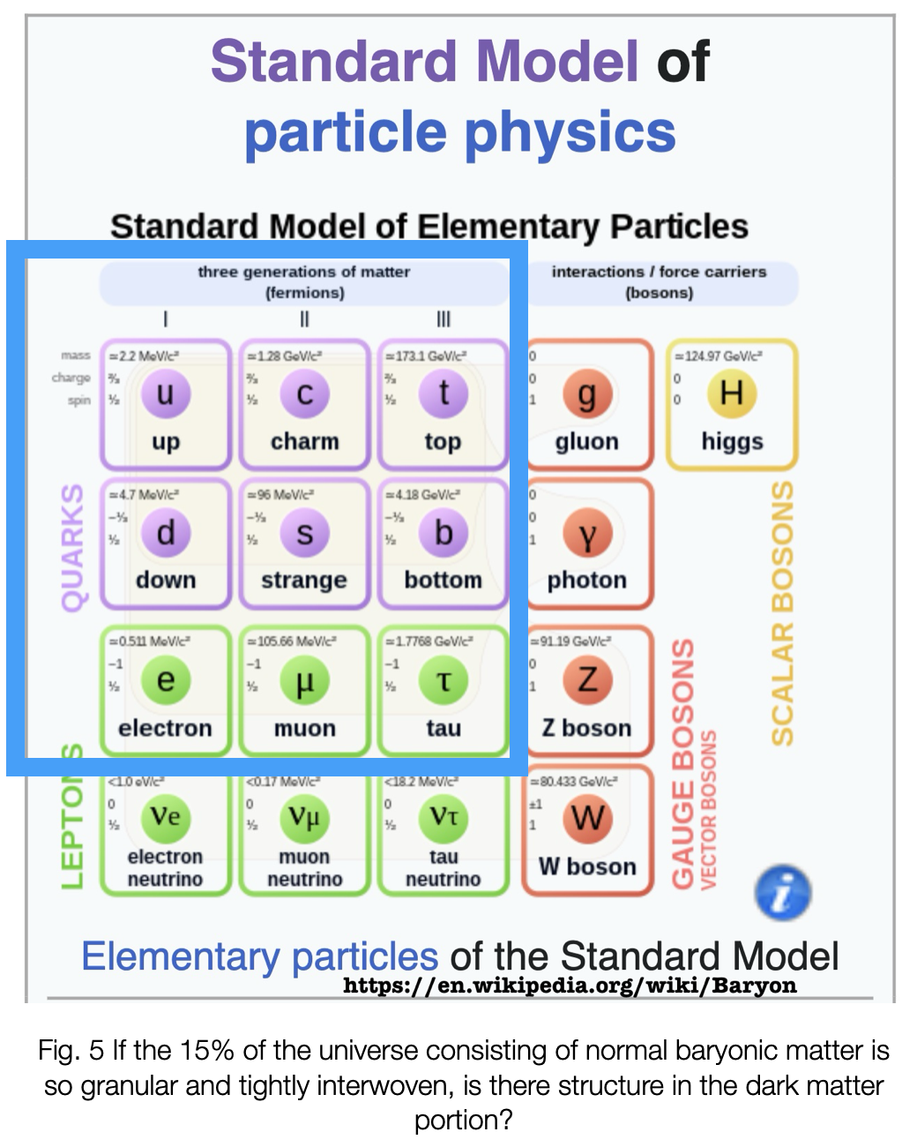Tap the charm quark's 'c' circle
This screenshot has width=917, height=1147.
coord(304,394)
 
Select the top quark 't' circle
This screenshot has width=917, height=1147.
coord(444,393)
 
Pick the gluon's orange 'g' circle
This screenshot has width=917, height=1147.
coord(587,394)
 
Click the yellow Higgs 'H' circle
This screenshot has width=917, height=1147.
coord(732,393)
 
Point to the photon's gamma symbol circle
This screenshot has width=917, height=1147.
coord(587,533)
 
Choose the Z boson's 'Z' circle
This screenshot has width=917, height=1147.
coord(587,679)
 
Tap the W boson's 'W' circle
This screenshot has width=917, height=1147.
coord(587,818)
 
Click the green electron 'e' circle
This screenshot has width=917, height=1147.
coord(165,680)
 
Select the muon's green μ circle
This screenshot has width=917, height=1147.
coord(304,681)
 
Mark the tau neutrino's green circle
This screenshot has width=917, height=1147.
coord(444,818)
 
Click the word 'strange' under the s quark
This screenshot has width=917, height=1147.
coord(304,581)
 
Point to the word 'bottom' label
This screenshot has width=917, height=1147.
coord(444,581)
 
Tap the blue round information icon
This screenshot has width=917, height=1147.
coord(783,893)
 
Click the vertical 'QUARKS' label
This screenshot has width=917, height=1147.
coord(73,547)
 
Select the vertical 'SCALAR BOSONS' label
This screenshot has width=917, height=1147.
coord(782,613)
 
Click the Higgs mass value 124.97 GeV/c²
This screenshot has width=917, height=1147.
coord(719,356)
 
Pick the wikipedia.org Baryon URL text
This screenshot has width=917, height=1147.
coord(570,986)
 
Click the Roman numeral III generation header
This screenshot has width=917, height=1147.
coord(444,319)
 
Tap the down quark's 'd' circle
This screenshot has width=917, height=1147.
coord(165,533)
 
